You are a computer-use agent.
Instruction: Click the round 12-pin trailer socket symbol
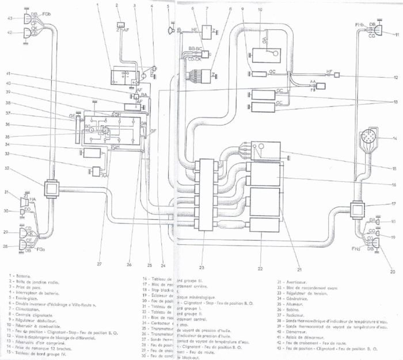click(367, 139)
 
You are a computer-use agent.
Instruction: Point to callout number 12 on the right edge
click(396, 76)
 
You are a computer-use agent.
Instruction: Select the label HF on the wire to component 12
click(329, 72)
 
